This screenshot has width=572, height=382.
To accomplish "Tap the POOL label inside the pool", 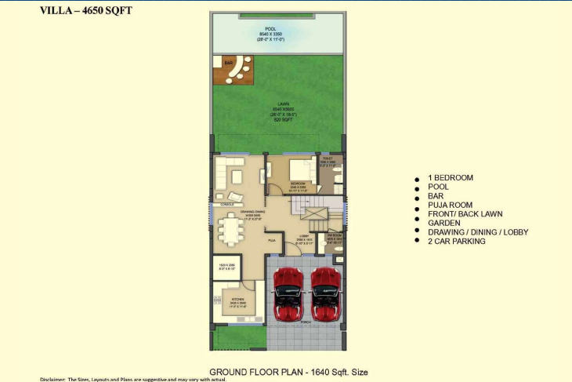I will [x=270, y=29].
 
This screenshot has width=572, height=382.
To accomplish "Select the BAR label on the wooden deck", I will [x=228, y=63].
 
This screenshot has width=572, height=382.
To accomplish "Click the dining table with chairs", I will [x=230, y=230].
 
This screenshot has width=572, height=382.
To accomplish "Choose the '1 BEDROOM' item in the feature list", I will [x=451, y=178].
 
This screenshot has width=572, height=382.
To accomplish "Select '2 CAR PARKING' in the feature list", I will [x=457, y=241].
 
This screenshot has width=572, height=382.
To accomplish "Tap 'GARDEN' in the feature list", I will [x=444, y=223].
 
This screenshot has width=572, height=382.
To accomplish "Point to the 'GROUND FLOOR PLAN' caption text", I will [x=255, y=372].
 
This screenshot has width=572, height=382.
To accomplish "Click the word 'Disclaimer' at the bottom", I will [x=53, y=379].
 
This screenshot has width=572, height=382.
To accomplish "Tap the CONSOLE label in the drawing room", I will [x=227, y=204].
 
